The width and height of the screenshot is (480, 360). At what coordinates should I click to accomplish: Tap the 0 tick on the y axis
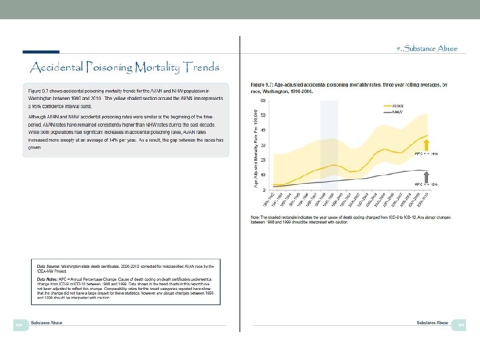[x=265, y=190]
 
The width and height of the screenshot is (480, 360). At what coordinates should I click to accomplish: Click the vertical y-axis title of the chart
[x=256, y=145]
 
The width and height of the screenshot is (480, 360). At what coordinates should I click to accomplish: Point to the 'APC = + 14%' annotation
[x=427, y=154]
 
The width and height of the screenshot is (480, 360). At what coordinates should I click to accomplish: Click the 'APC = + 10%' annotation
[x=427, y=183]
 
